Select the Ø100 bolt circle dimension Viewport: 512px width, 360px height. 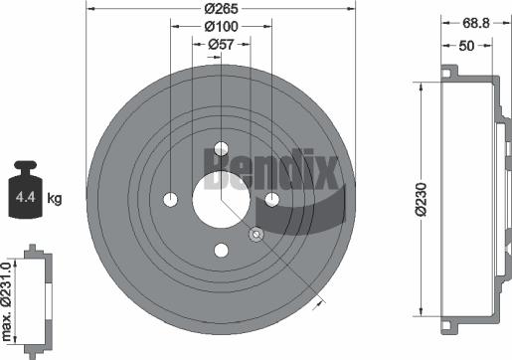pyautogui.click(x=220, y=27)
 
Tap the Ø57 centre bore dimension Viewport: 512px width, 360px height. pyautogui.click(x=220, y=44)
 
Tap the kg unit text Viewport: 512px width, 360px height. pyautogui.click(x=55, y=199)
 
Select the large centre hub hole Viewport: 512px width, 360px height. pyautogui.click(x=220, y=200)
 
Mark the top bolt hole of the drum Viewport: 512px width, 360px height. pyautogui.click(x=220, y=149)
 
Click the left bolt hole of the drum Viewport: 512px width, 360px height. pyautogui.click(x=170, y=200)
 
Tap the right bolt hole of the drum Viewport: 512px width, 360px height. pyautogui.click(x=270, y=200)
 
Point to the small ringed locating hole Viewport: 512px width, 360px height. pyautogui.click(x=256, y=235)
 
